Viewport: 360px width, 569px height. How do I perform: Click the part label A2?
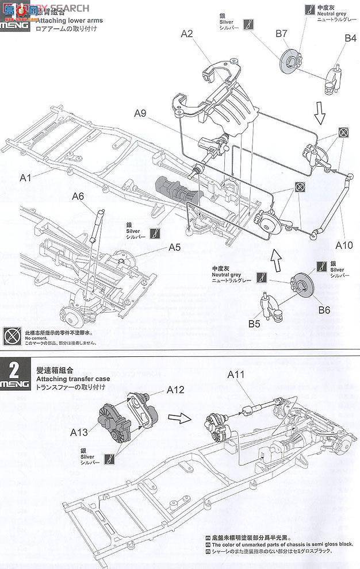pyautogui.click(x=186, y=34)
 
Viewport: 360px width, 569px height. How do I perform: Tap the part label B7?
pyautogui.click(x=281, y=34)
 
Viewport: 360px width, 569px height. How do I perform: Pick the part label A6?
pyautogui.click(x=79, y=197)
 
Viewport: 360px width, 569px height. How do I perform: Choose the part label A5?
pyautogui.click(x=175, y=248)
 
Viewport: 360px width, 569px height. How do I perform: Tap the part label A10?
pyautogui.click(x=344, y=245)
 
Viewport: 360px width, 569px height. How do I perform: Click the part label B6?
pyautogui.click(x=324, y=310)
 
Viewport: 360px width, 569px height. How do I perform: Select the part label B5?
pyautogui.click(x=254, y=323)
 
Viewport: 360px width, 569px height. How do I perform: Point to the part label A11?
pyautogui.click(x=236, y=375)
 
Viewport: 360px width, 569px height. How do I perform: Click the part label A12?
pyautogui.click(x=175, y=390)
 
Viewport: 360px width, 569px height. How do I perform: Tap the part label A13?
pyautogui.click(x=81, y=431)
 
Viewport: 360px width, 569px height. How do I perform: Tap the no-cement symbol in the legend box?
pyautogui.click(x=12, y=335)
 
